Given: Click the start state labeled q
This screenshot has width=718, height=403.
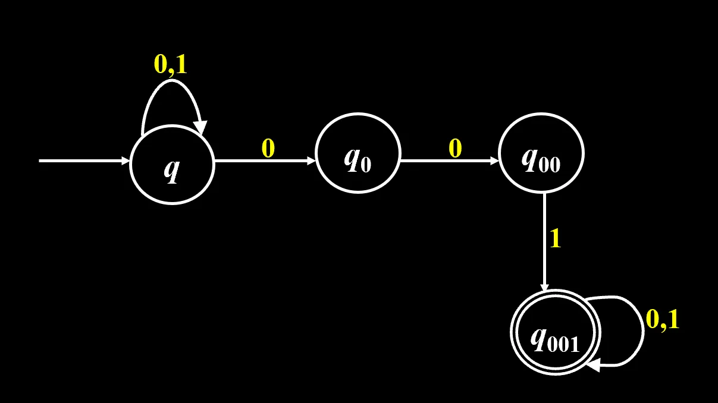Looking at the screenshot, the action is (172, 164).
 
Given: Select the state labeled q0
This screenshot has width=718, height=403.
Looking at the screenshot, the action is (358, 153).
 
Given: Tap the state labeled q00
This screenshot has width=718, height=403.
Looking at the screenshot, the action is (541, 153).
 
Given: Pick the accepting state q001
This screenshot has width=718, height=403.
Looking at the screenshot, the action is (556, 332).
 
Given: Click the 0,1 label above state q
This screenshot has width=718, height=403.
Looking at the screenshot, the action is (170, 64).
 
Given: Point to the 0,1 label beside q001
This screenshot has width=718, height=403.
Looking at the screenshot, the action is (662, 319).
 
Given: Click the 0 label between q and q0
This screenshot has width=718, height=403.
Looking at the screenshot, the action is (268, 148).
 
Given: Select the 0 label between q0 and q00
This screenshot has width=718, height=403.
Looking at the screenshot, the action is (455, 148).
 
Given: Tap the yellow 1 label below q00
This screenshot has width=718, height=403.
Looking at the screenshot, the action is (556, 238).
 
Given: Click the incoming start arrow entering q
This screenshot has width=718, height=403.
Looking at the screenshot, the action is (84, 160).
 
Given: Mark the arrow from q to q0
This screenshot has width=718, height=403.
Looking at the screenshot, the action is (265, 160).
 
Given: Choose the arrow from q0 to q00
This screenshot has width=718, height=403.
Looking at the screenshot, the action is (450, 160).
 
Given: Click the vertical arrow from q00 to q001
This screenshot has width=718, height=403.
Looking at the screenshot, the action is (544, 242).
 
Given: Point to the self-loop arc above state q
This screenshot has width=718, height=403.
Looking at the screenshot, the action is (172, 81).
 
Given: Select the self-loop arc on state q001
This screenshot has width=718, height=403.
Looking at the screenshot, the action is (643, 331).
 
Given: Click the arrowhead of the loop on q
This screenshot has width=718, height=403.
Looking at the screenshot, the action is (202, 128).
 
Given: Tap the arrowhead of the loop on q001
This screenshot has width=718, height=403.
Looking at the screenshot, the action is (594, 365).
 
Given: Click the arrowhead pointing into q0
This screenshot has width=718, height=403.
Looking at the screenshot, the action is (312, 160).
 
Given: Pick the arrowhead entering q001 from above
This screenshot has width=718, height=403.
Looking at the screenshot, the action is (544, 287).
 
